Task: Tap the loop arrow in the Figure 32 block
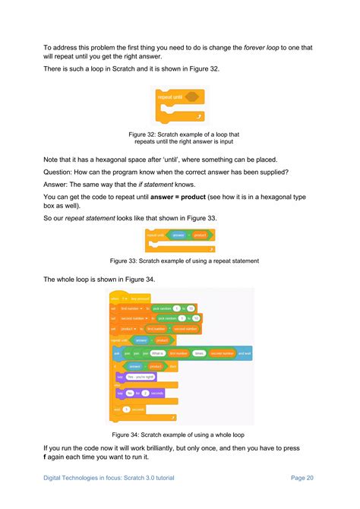tap(200, 116)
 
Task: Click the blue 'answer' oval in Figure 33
tap(178, 236)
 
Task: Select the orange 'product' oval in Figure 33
tap(200, 236)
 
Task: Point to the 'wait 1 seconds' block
tap(130, 409)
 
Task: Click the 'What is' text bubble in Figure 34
tap(157, 353)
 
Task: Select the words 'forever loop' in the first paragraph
tap(265, 47)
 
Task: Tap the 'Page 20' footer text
tap(302, 477)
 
